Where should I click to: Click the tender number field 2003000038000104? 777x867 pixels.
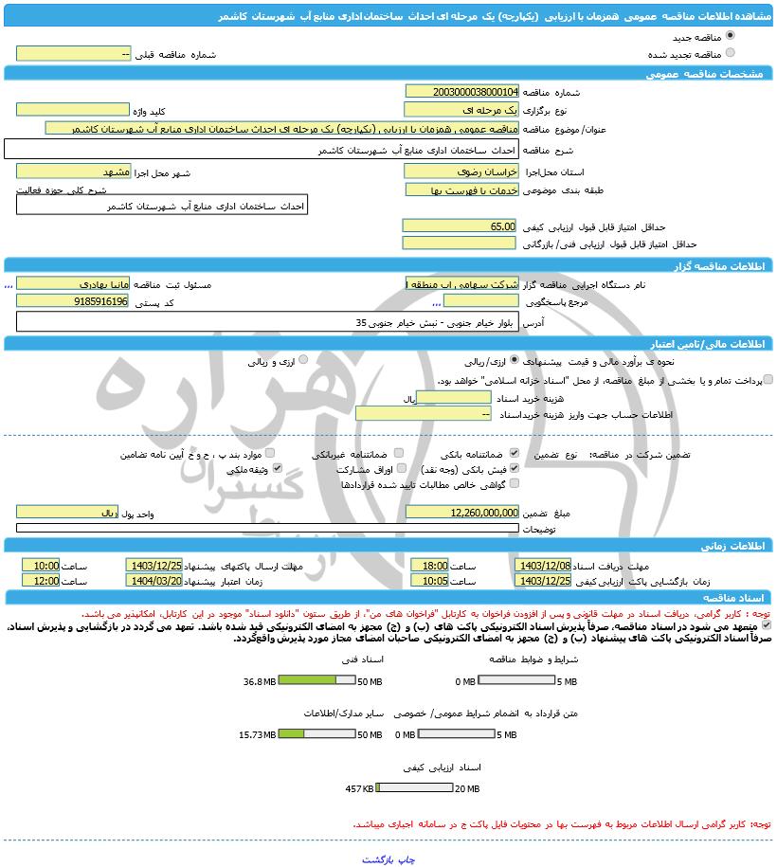[461, 92]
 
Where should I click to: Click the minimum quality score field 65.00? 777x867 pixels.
[461, 226]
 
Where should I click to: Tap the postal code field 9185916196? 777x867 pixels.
[73, 301]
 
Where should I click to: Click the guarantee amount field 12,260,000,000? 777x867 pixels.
[461, 512]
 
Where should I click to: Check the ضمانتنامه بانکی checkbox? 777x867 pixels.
[514, 454]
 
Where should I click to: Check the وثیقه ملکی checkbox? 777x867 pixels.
[278, 468]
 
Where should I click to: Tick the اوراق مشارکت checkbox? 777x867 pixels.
[402, 468]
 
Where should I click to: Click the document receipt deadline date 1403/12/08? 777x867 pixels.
[544, 566]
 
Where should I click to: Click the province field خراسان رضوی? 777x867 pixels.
[461, 172]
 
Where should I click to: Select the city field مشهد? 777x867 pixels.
[73, 172]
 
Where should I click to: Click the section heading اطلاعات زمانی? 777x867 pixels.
[725, 546]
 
